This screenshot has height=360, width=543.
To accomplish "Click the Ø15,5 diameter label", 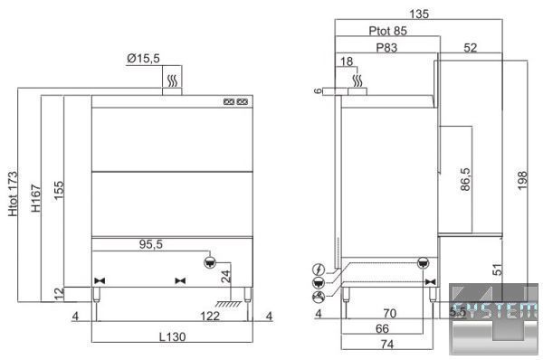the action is coord(143,58).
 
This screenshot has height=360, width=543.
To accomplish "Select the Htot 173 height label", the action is coord(13,194).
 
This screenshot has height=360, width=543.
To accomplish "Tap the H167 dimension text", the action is coord(35,198).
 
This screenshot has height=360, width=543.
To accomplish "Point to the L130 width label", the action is coord(172,336).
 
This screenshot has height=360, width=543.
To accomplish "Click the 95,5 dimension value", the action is coord(150,244).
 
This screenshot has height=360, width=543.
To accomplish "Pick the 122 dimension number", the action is coord(210,316).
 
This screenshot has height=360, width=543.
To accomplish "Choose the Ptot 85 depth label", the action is coord(387,31).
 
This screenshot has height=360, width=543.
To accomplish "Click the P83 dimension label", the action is coord(386,47).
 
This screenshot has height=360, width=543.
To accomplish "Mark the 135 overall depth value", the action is coord(419,14).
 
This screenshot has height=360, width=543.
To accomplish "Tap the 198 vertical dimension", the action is coord(522,180).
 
